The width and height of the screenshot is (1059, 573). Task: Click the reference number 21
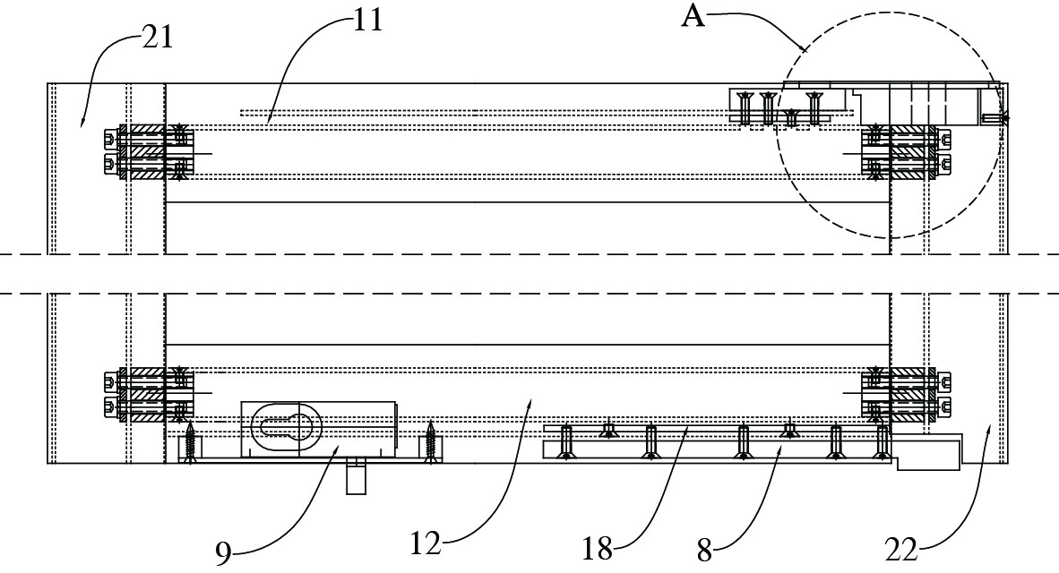coord(158,38)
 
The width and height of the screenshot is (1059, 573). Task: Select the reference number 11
coord(367,20)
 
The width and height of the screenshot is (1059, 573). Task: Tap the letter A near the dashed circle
coord(693,15)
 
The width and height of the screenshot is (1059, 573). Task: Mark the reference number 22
coord(904,547)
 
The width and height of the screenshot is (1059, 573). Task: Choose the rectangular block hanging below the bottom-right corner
coord(927,454)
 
